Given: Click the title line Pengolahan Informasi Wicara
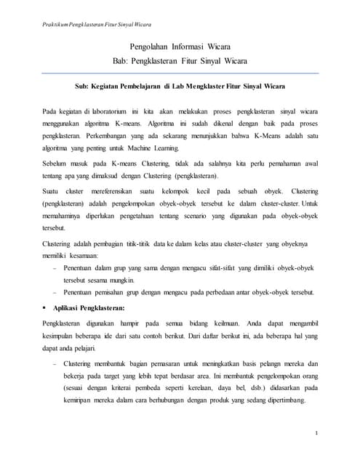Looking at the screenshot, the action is (180, 47).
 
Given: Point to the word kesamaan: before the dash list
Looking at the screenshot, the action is (86, 256).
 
